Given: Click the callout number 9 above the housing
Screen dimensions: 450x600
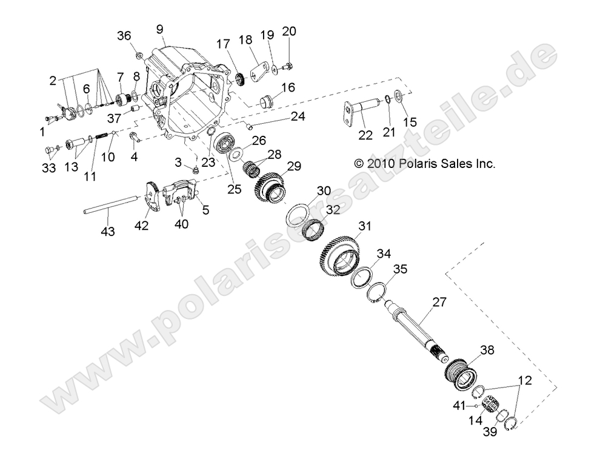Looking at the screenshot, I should pyautogui.click(x=159, y=29).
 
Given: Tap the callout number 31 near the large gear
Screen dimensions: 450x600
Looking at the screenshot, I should pyautogui.click(x=364, y=226).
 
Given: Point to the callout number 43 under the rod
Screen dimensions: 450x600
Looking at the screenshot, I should pyautogui.click(x=107, y=231).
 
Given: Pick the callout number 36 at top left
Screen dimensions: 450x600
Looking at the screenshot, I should pyautogui.click(x=124, y=36).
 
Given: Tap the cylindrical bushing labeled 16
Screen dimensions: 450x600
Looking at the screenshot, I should pyautogui.click(x=268, y=101).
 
